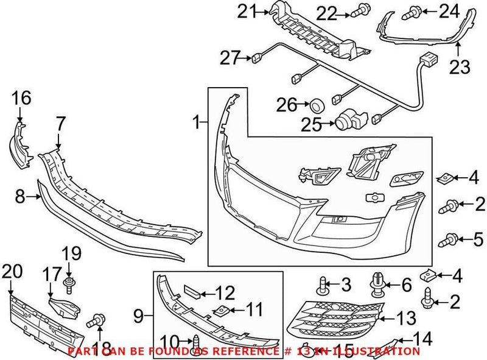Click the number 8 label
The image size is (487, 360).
[x=20, y=196]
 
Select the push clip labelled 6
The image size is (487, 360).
[x=377, y=283]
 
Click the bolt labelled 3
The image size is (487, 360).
[x=323, y=284]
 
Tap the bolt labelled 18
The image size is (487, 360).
[x=96, y=320]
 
